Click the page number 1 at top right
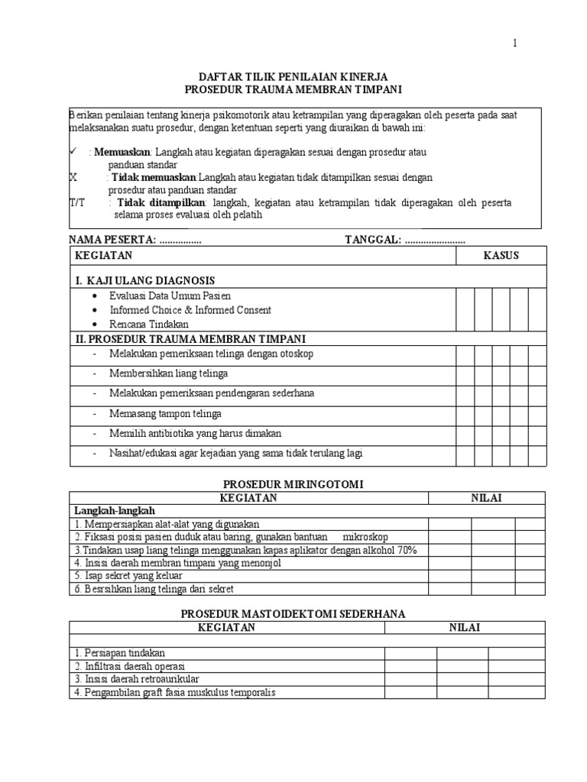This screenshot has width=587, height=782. click(x=515, y=44)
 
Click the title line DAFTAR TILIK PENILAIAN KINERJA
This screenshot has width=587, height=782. click(x=293, y=77)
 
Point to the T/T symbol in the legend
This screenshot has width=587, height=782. click(x=77, y=202)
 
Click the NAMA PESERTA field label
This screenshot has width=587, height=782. click(x=112, y=240)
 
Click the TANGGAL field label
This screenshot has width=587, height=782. click(x=373, y=240)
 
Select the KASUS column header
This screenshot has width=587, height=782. click(x=501, y=255)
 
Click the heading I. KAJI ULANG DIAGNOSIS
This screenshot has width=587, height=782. click(x=144, y=280)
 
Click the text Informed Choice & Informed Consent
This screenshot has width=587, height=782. click(x=190, y=310)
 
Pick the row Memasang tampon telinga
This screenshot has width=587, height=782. click(x=166, y=413)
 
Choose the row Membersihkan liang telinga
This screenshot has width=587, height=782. click(x=169, y=373)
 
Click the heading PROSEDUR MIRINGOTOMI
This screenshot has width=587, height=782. click(x=293, y=484)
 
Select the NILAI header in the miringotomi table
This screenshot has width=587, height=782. click(x=485, y=498)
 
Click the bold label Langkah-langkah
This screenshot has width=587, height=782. click(x=114, y=510)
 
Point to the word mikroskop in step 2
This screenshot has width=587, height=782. click(x=369, y=537)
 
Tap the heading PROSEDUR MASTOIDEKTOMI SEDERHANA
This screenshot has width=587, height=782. click(x=293, y=613)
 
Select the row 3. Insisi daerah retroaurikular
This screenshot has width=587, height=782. click(x=137, y=678)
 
